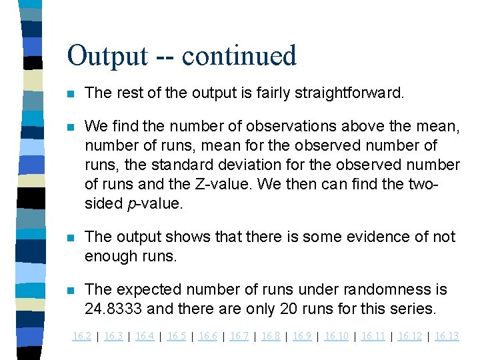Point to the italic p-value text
[153, 203]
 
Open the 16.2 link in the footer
[81, 336]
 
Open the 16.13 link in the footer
[447, 336]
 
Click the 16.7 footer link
[239, 336]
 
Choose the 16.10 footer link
[336, 336]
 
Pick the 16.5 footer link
[176, 336]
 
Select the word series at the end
[416, 309]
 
